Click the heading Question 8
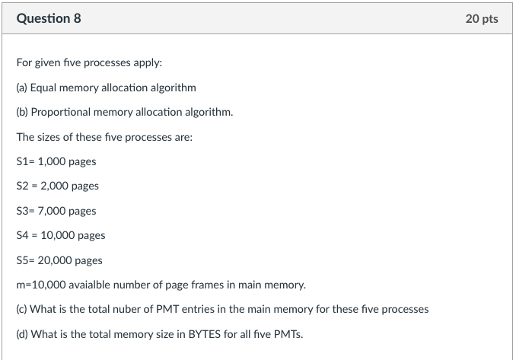coord(49,18)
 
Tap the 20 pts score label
coord(481,18)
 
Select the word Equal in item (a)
coord(43,88)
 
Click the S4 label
coord(22,235)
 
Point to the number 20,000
coord(56,260)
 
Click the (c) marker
coord(22,310)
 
